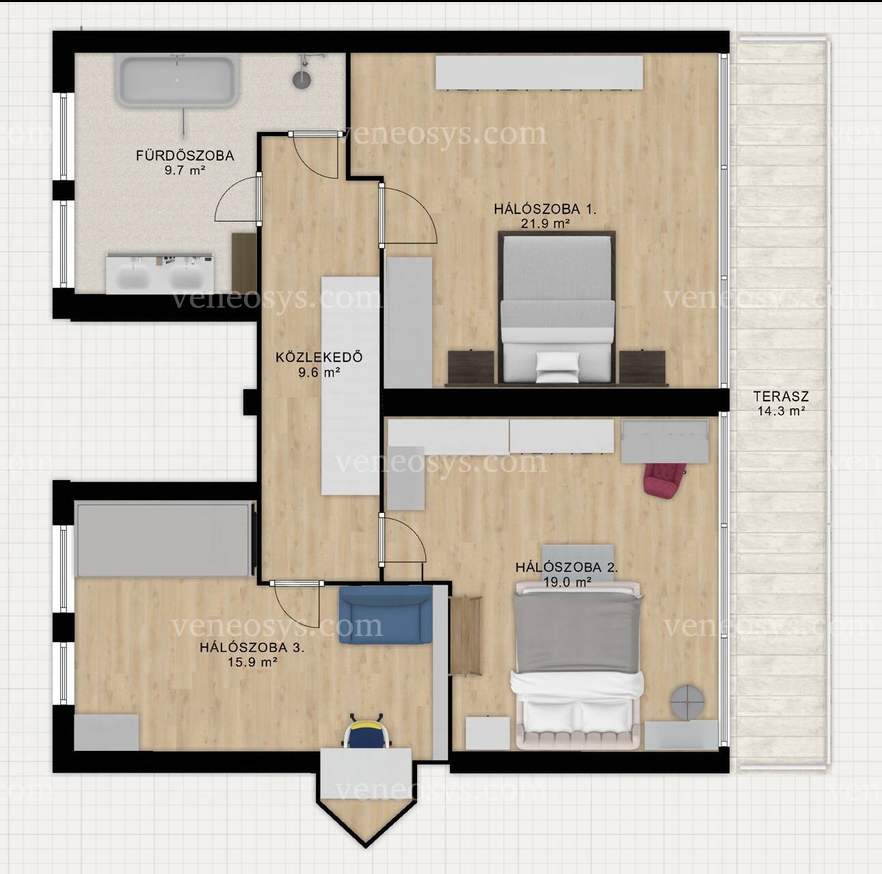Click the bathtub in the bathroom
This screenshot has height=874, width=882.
[x=176, y=80]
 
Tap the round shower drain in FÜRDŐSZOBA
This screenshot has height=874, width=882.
[x=302, y=79]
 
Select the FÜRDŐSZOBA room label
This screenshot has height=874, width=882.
[x=185, y=156]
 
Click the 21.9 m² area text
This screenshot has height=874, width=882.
[x=545, y=224]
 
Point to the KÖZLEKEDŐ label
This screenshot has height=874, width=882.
[x=319, y=356]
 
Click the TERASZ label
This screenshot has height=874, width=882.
[x=781, y=396]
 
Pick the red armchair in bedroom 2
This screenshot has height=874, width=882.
[x=665, y=479]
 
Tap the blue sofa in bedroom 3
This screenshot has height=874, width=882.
[x=386, y=615]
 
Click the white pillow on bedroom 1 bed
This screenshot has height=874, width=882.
[x=557, y=367]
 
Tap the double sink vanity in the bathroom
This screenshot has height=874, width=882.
[x=160, y=274]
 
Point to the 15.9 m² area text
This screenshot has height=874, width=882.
[x=253, y=662]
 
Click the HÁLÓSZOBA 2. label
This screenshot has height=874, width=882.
[x=567, y=567]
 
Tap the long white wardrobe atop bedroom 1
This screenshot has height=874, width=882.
[x=539, y=72]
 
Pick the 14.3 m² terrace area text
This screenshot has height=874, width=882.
[x=781, y=411]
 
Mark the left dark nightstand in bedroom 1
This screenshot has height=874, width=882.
[x=471, y=367]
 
